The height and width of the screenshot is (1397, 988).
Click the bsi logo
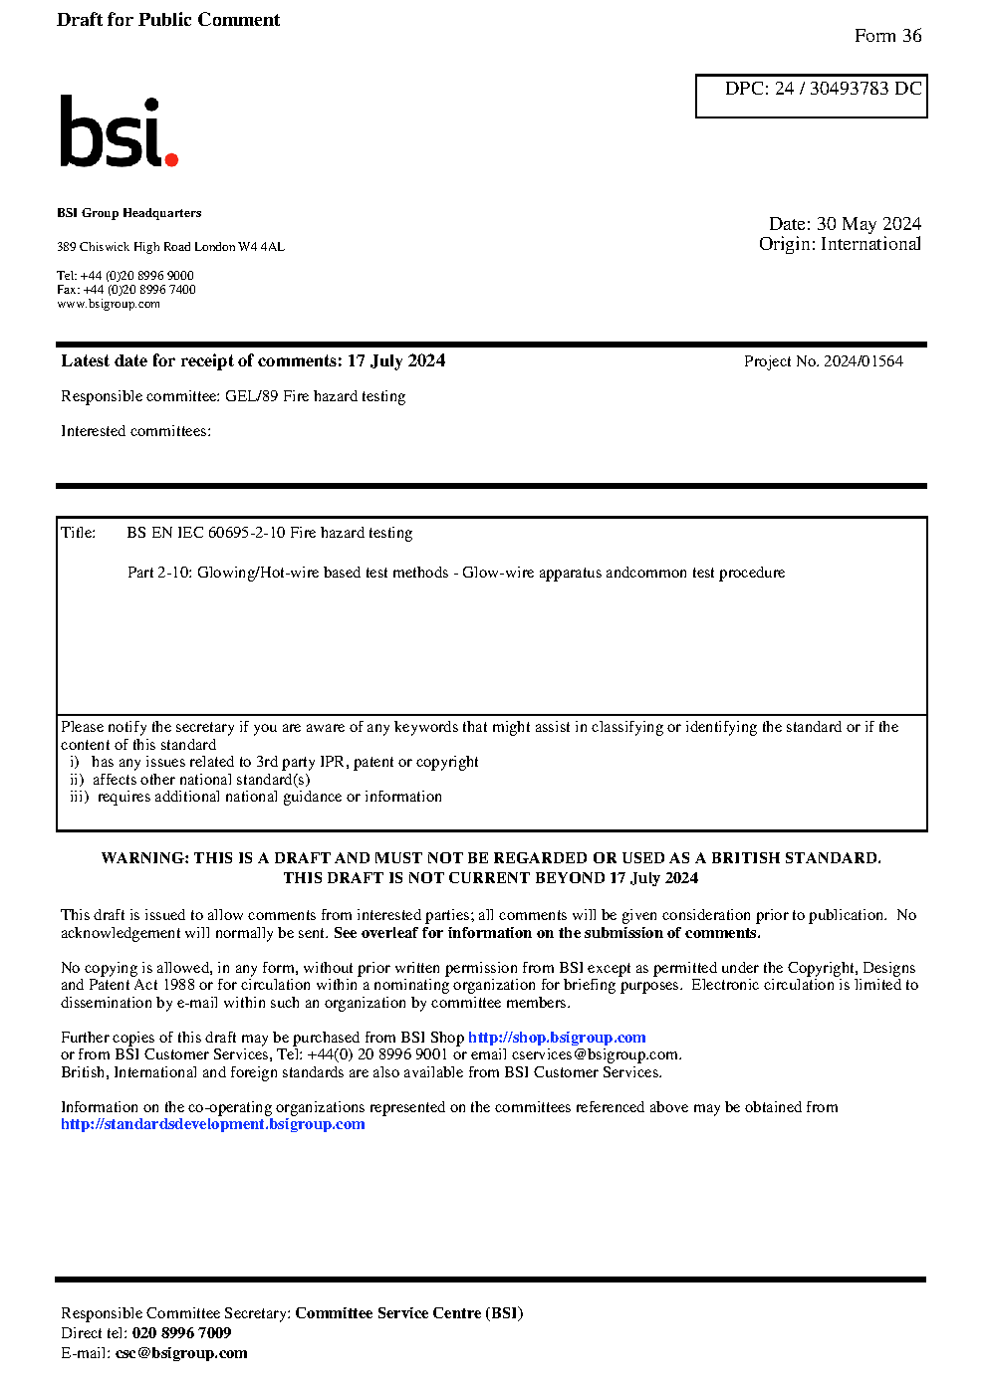coord(118,131)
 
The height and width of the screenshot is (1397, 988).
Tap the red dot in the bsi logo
coord(171,158)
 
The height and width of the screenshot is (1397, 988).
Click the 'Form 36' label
coord(887,36)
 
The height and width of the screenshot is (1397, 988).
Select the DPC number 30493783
coord(849,89)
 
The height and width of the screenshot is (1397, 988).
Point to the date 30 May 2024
coord(868,224)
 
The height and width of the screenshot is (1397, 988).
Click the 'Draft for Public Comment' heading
coord(168,20)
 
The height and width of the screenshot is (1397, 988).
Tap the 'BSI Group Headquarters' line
coord(128,213)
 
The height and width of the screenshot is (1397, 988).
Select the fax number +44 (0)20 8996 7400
coord(139,290)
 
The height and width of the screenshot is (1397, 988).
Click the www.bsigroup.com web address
coord(109,304)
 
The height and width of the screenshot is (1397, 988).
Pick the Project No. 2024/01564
coord(863,361)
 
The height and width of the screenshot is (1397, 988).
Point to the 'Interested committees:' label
coord(135,431)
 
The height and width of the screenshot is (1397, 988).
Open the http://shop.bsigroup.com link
coord(557,1038)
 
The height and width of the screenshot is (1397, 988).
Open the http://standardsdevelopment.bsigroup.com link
coord(212,1124)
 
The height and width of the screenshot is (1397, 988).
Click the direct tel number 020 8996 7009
coord(181,1333)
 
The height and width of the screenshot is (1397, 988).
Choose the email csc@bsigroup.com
coord(181,1353)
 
